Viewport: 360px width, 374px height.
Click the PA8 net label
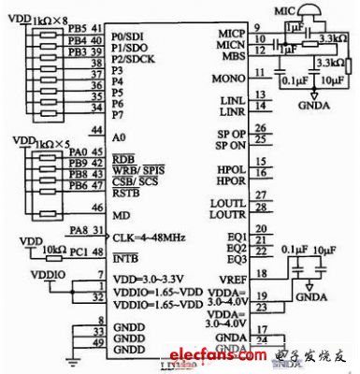(77, 230)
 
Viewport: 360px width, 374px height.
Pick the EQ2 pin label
(234, 246)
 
